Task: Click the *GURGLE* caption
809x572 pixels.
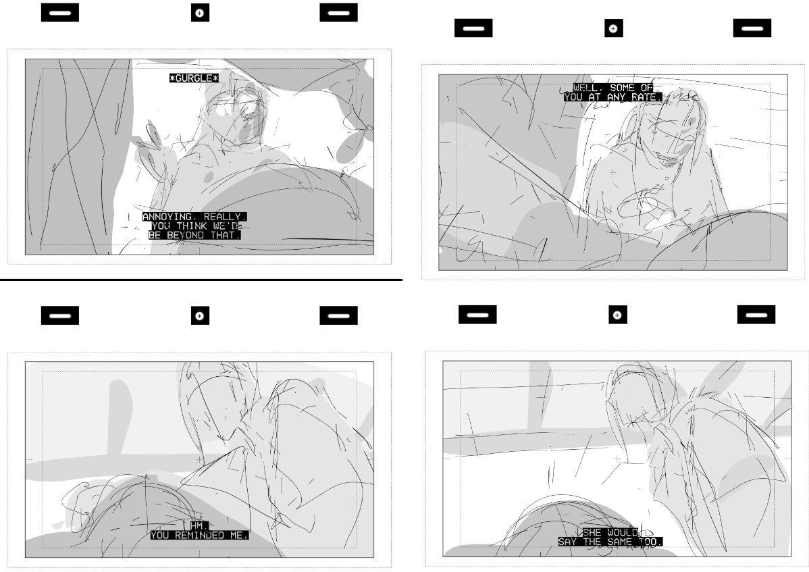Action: [194, 78]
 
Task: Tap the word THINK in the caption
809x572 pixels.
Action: [191, 226]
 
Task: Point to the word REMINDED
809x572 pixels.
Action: [199, 536]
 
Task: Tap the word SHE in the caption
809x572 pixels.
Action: [592, 533]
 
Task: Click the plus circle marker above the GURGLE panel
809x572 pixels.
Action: [200, 13]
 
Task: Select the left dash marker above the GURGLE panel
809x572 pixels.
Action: [60, 13]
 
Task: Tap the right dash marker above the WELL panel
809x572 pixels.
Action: [752, 28]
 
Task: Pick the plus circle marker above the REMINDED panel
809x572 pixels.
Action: [200, 315]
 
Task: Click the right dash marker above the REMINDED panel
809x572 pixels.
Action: [338, 315]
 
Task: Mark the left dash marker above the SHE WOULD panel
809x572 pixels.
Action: [477, 315]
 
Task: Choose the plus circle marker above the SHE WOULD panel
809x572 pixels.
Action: [618, 315]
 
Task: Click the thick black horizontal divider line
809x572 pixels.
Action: [201, 280]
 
